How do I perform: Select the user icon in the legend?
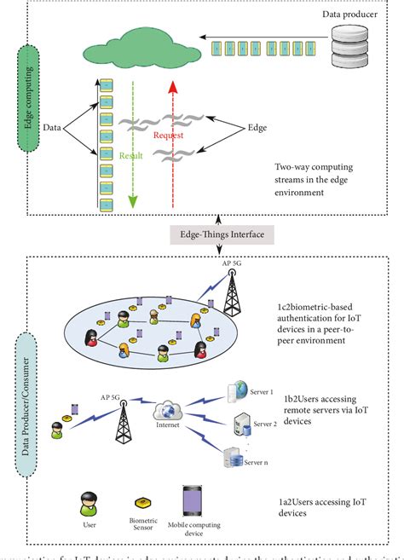coord(86,503)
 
